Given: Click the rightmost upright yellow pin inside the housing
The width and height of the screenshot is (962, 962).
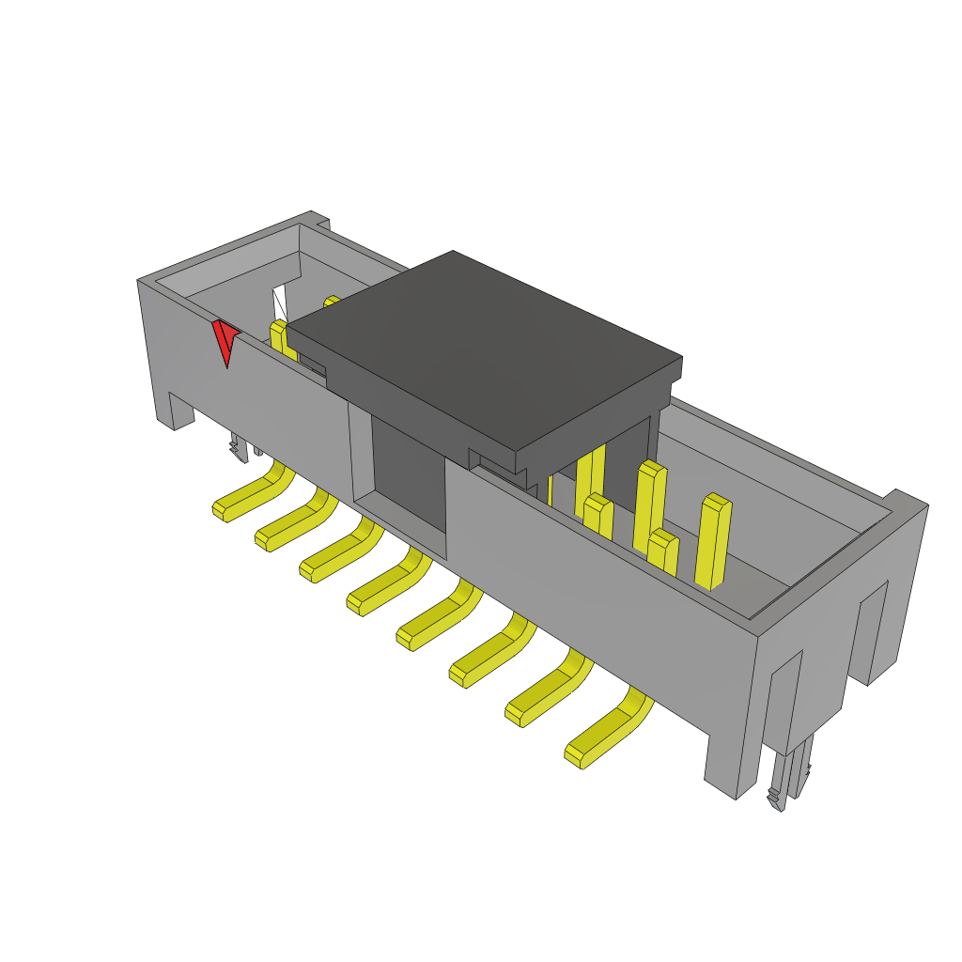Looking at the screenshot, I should (x=713, y=540).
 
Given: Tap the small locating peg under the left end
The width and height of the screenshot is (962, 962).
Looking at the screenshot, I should (x=239, y=448).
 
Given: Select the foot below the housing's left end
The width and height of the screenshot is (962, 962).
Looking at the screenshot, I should (x=178, y=411).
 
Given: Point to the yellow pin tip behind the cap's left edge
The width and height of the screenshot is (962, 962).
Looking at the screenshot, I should (x=332, y=302).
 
